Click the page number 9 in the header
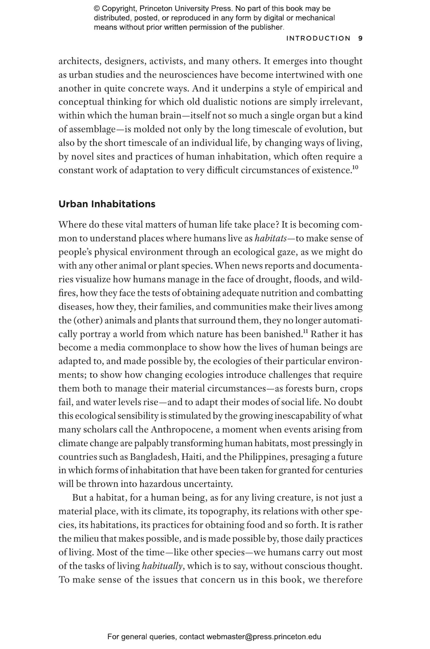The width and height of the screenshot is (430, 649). [x=360, y=38]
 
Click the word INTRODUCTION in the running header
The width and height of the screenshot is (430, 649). [x=318, y=38]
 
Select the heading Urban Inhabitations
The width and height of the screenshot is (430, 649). [x=107, y=204]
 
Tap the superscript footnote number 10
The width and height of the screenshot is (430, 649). [x=355, y=168]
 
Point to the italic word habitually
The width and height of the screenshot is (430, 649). [x=162, y=566]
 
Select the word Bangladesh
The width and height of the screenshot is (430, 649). [x=154, y=457]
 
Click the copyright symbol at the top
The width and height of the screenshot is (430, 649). [x=97, y=9]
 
